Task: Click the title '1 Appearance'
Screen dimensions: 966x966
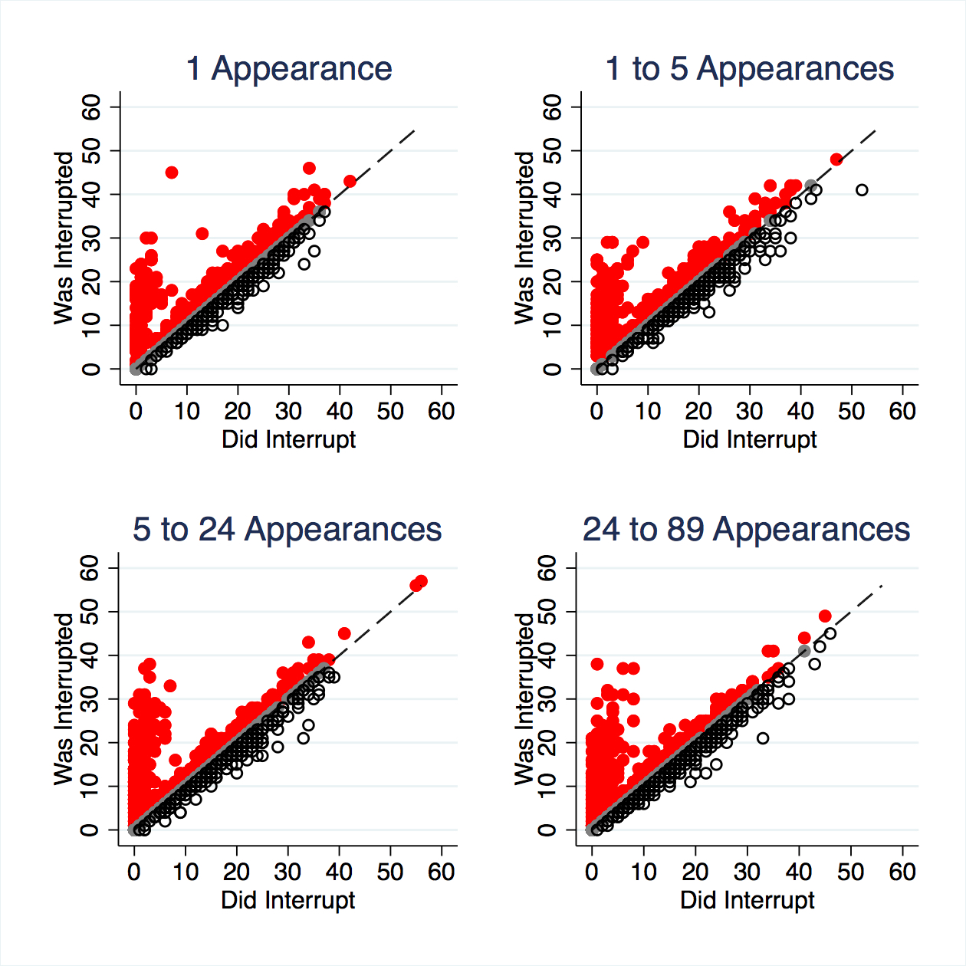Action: pos(289,68)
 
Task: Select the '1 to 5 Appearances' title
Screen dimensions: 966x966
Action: pos(749,68)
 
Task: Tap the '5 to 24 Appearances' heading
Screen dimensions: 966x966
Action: pos(287,529)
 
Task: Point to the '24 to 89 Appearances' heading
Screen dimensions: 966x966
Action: pos(746,529)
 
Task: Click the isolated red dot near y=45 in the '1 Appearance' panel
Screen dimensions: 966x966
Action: pos(172,172)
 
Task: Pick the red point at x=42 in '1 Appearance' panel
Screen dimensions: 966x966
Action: pos(350,181)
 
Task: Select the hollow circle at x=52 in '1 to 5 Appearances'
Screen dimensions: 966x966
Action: pos(862,189)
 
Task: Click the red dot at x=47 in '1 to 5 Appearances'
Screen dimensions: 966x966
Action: pos(836,159)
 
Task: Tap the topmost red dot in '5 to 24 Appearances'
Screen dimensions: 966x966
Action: pos(421,582)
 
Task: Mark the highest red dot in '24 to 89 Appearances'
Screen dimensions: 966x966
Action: pos(825,616)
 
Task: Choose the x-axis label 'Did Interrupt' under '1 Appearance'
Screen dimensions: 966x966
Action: pos(289,439)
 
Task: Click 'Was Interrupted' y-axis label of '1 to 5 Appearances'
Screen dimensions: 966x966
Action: pos(524,238)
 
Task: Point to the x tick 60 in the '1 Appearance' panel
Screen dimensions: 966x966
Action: pos(442,412)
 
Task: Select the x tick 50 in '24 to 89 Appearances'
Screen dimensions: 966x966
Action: pos(850,872)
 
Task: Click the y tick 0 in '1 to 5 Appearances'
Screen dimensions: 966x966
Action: pos(552,370)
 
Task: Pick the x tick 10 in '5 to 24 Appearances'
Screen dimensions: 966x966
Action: pos(186,872)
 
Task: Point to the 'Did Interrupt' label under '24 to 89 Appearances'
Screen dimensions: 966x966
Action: pos(747,900)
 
